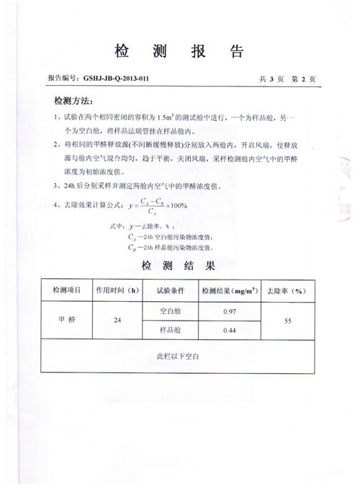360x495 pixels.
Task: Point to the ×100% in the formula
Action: [x=176, y=206]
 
